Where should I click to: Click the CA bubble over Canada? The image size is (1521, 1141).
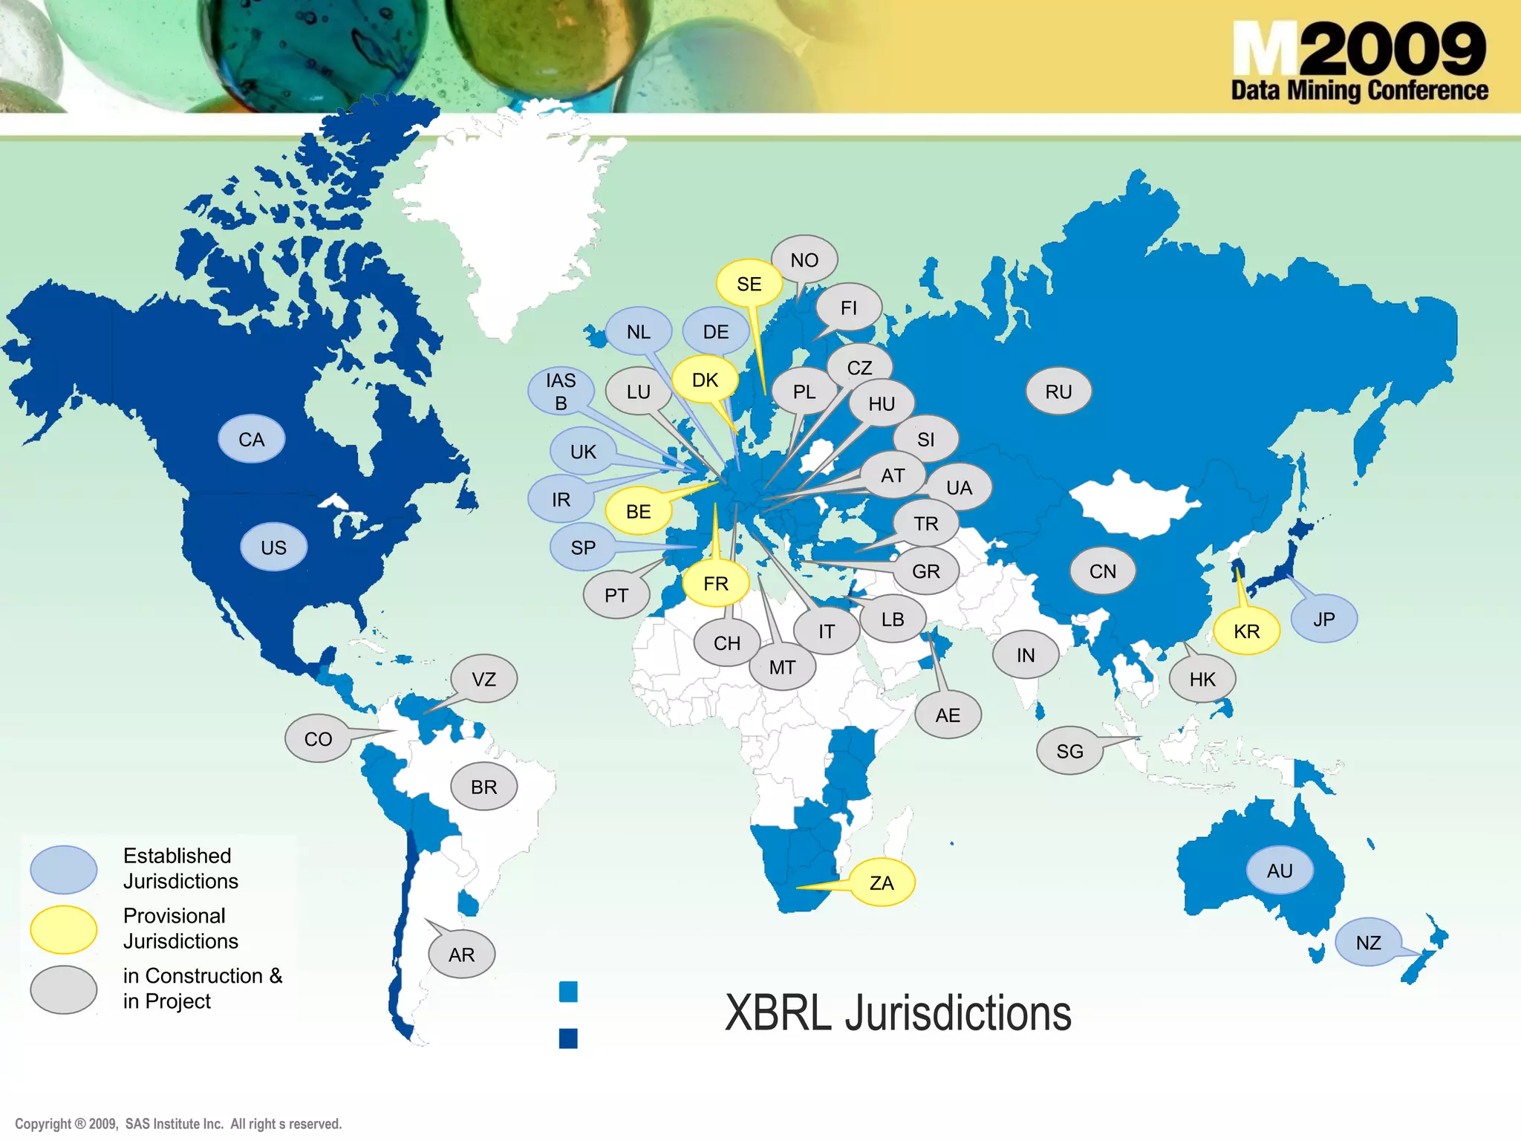click(251, 439)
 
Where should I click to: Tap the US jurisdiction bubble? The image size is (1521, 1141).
click(273, 547)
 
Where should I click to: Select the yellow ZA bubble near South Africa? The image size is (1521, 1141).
click(882, 882)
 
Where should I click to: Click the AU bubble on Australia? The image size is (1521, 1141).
click(1280, 871)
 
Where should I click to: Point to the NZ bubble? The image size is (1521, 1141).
click(1368, 943)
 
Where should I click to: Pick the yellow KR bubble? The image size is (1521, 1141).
click(1246, 631)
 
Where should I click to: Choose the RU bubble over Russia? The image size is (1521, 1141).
click(1058, 391)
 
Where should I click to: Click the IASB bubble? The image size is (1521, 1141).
click(561, 391)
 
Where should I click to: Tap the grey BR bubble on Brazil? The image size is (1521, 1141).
click(483, 787)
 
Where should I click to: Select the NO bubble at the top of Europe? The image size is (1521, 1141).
click(804, 260)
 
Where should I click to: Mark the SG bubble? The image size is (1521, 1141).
click(1069, 751)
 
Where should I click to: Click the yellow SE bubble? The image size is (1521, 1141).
click(749, 284)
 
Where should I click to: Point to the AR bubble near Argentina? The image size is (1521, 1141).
click(461, 955)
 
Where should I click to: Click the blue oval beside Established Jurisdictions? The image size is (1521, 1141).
click(64, 869)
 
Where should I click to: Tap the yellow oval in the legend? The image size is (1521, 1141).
click(64, 929)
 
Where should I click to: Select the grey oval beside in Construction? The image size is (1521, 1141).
click(64, 989)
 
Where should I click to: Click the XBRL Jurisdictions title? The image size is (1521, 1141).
click(898, 1013)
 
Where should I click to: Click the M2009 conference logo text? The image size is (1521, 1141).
click(1359, 61)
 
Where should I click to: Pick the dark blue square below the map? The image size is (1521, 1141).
click(568, 1038)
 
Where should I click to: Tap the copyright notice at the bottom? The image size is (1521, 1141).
click(178, 1124)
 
